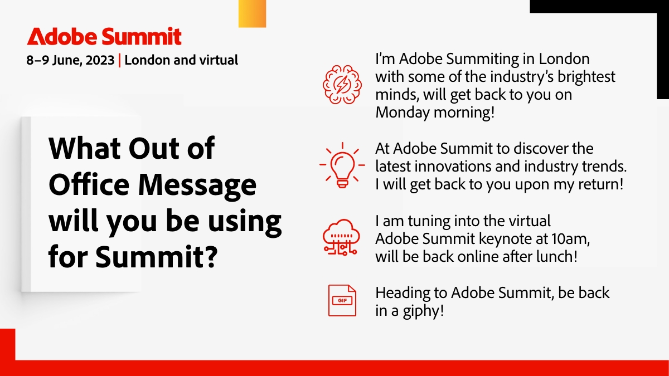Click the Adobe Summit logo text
[104, 37]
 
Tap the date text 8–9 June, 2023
[70, 60]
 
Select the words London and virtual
[181, 60]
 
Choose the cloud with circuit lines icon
[340, 238]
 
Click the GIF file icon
[342, 301]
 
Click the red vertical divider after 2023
[120, 60]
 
